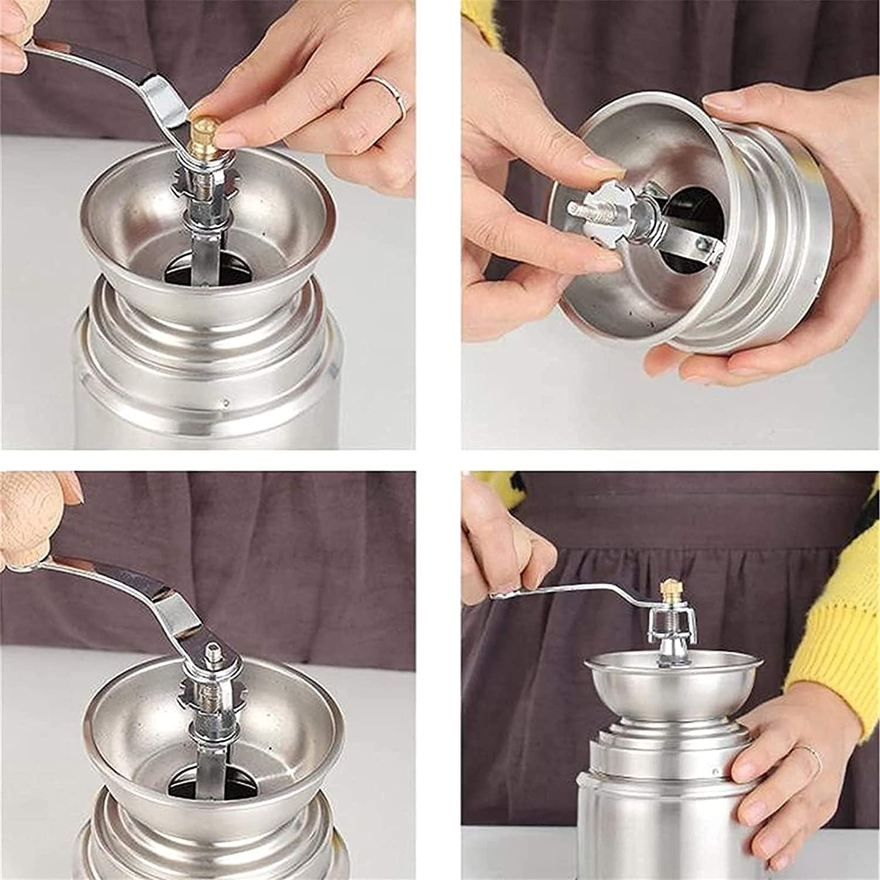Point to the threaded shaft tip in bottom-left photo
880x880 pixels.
tap(212, 652)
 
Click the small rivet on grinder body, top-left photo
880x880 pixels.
tap(226, 404)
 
